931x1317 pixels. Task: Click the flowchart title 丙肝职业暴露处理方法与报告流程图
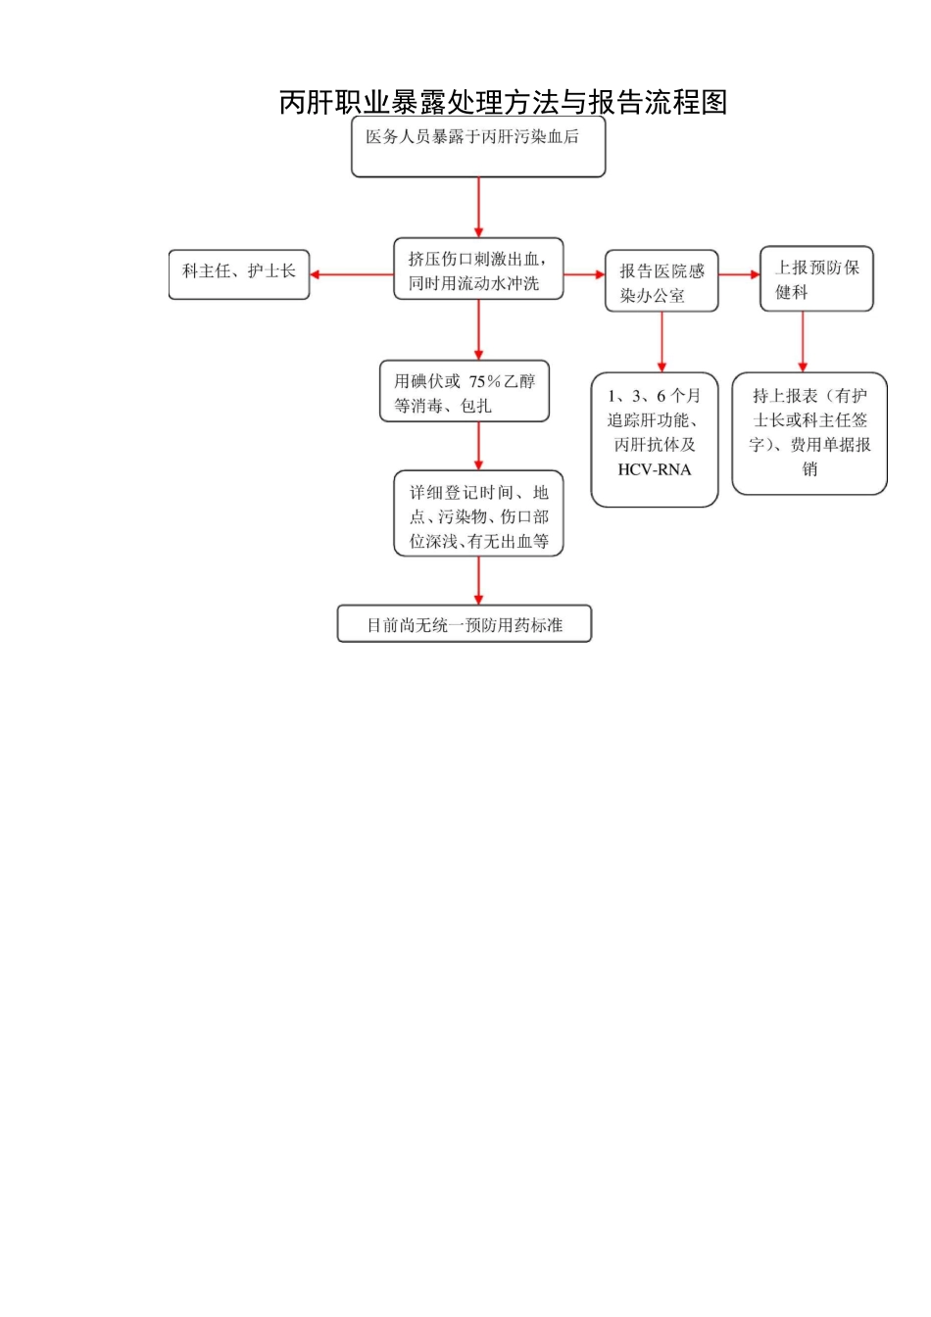tap(503, 102)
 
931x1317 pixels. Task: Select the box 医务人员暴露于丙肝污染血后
tap(478, 147)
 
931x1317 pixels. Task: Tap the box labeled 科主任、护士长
tap(239, 273)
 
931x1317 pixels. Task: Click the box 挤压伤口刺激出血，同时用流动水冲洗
tap(478, 269)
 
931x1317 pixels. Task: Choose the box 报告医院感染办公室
tap(661, 282)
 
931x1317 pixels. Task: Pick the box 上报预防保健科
tap(816, 279)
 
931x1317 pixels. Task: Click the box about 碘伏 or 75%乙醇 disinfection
tap(465, 392)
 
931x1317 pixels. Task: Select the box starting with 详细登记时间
tap(478, 514)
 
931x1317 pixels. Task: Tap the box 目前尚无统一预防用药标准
tap(465, 624)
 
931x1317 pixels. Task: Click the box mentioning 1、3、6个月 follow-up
tap(655, 439)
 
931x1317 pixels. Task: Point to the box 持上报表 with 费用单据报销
tap(809, 433)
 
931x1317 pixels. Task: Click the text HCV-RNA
tap(655, 469)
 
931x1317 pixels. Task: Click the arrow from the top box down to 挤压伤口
tap(478, 208)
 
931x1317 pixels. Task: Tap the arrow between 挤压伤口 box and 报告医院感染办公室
tap(584, 274)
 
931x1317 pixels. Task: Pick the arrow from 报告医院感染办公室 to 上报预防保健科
tap(739, 274)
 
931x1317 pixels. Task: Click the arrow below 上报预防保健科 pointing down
tap(803, 341)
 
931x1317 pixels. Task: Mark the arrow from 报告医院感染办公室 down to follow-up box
tap(661, 341)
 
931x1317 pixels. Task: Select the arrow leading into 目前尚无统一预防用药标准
tap(478, 580)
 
